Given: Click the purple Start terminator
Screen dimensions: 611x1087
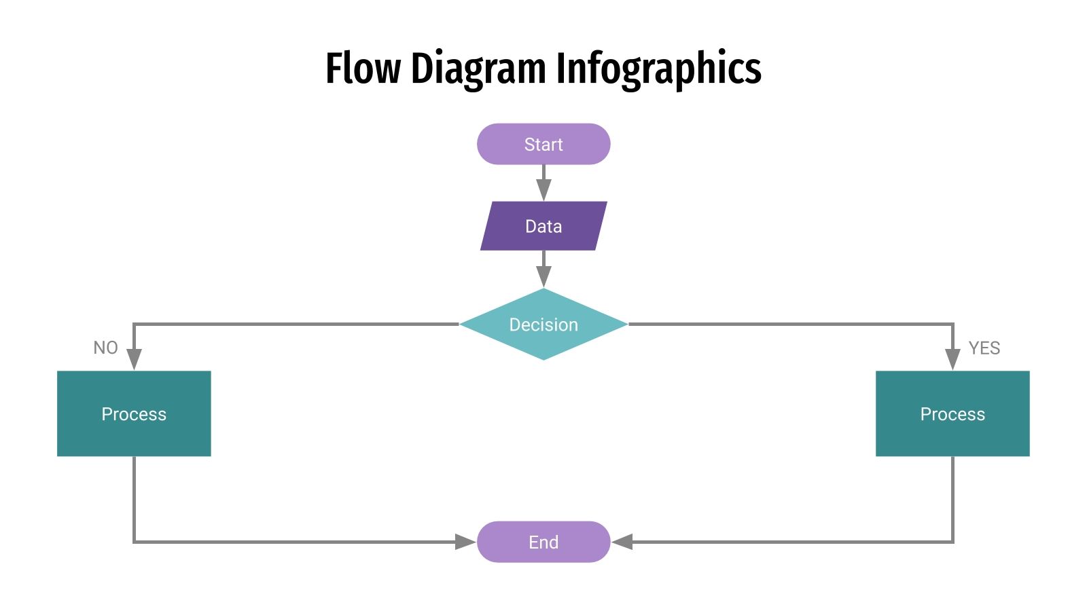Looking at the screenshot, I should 543,144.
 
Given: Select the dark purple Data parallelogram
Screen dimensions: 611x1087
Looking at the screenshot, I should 543,226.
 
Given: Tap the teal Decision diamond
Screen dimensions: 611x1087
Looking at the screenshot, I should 543,325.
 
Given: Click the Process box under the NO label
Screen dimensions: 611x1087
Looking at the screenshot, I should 134,413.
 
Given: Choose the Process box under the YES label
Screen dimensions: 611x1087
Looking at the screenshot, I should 952,413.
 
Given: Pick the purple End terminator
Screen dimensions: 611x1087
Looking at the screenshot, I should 543,542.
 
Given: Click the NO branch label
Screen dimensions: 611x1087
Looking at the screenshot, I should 105,348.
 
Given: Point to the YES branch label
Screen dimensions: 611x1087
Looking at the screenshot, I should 984,348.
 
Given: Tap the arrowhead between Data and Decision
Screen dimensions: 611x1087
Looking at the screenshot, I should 543,276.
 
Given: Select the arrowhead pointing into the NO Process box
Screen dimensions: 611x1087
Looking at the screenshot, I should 134,359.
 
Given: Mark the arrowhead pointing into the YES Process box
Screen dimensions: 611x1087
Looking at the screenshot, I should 952,359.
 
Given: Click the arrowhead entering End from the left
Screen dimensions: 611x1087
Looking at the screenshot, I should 465,542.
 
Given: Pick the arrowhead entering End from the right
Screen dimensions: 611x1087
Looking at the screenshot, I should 622,542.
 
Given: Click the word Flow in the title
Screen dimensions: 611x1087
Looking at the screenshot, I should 363,69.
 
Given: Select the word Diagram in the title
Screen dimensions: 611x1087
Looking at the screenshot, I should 478,70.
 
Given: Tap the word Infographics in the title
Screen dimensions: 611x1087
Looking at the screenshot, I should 658,70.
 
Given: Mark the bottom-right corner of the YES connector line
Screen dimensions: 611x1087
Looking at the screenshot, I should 952,542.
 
